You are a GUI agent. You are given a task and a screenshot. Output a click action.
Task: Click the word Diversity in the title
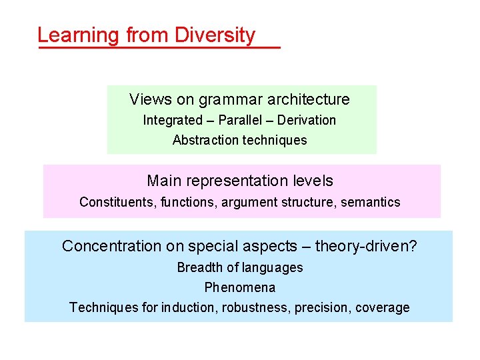click(x=215, y=35)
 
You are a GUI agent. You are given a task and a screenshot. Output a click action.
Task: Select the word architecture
click(x=308, y=100)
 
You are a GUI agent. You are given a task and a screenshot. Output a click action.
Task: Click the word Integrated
click(x=172, y=121)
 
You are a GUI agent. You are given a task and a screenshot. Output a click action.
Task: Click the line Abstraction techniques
click(x=239, y=141)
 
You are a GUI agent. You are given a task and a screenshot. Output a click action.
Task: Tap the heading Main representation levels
click(x=239, y=181)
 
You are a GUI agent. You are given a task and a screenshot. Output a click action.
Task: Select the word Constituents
click(x=117, y=202)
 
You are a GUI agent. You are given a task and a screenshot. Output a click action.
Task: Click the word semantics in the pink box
click(x=371, y=202)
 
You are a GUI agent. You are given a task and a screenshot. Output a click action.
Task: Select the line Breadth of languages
click(x=239, y=268)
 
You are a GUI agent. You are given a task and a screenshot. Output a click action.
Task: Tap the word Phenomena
click(x=239, y=288)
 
